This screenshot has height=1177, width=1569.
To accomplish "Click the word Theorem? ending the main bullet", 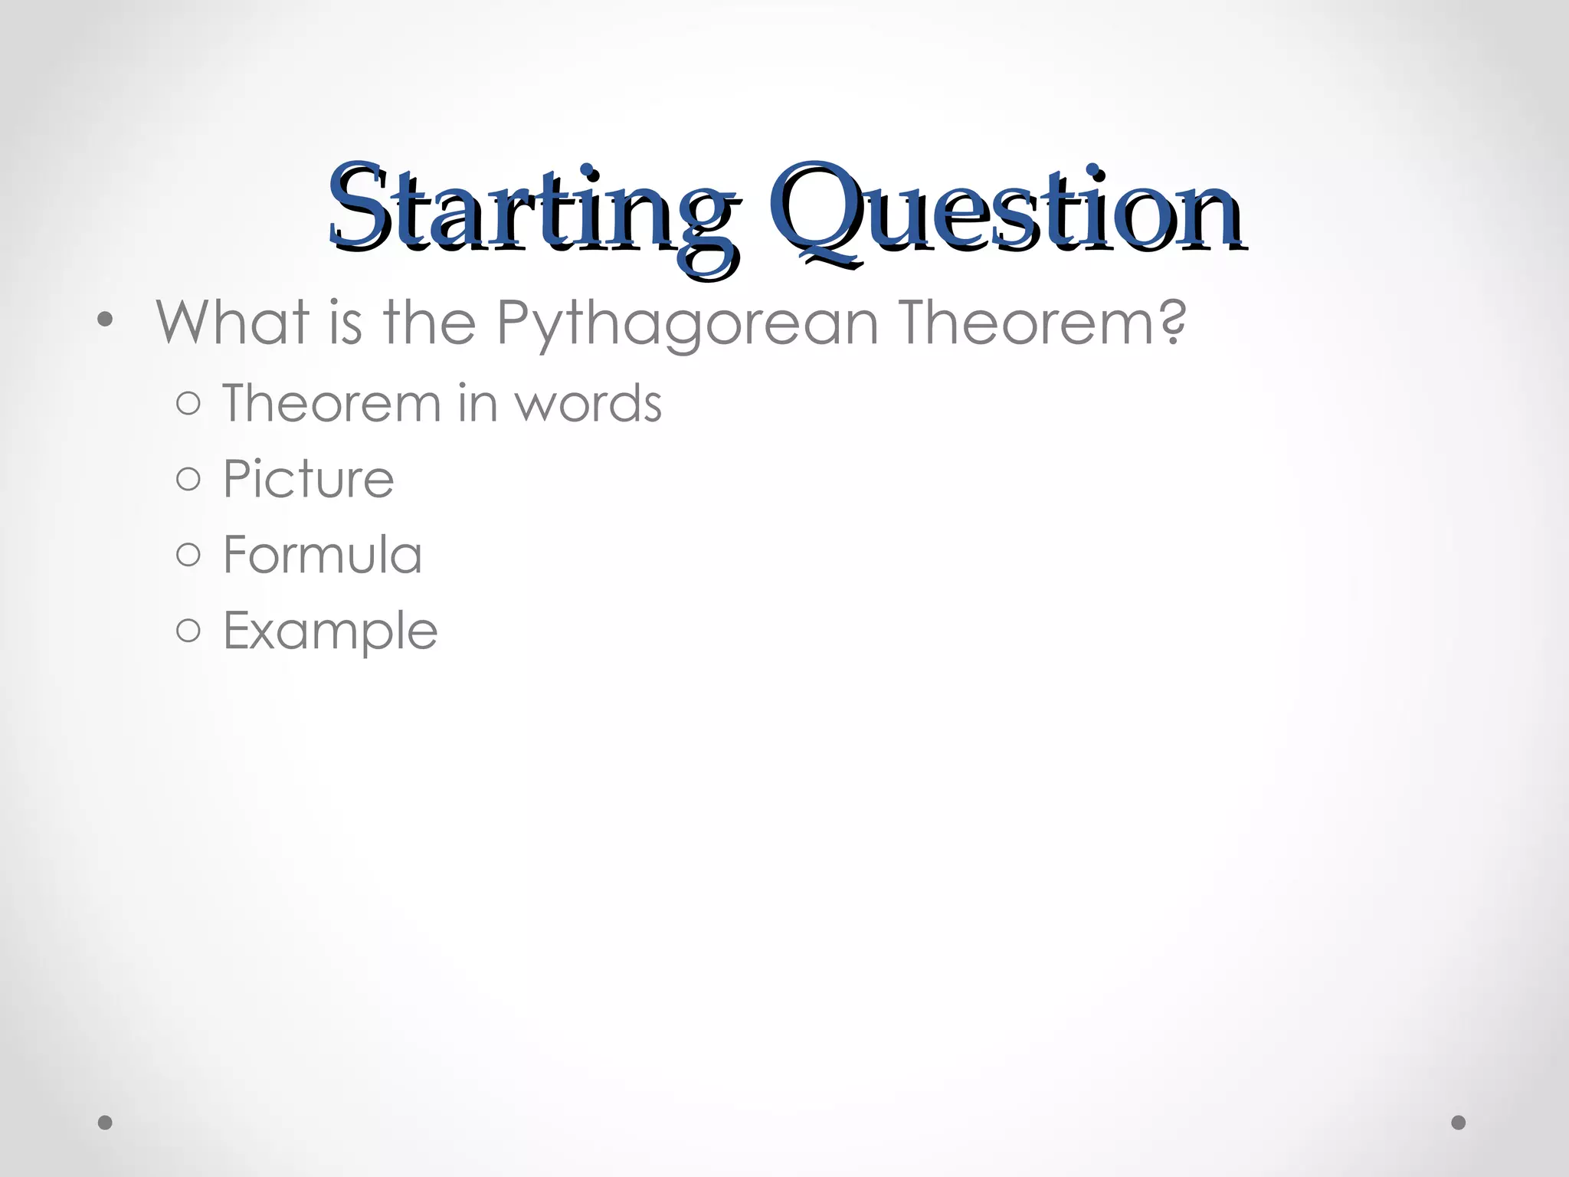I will (1043, 323).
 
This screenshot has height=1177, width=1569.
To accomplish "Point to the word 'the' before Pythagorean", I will (430, 323).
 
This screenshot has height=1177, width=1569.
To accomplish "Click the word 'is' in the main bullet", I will (346, 323).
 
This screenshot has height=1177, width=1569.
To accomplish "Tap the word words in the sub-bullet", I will (588, 405).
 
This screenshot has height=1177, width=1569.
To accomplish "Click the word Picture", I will (308, 480).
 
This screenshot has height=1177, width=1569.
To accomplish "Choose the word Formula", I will (323, 555).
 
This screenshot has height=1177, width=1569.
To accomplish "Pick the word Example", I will (330, 631).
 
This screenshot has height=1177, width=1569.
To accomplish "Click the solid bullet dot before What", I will (106, 320).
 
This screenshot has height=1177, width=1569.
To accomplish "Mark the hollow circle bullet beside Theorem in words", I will (188, 404).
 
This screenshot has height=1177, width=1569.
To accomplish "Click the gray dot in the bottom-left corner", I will (106, 1123).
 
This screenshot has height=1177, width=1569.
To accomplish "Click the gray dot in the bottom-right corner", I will (1459, 1123).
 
